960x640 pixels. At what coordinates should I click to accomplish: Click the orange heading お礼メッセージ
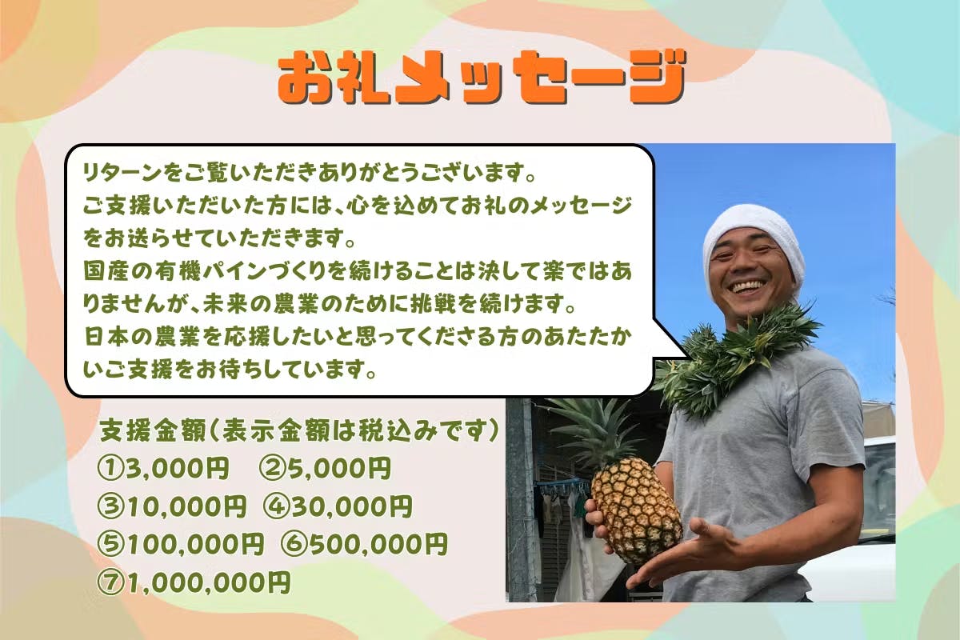click(482, 78)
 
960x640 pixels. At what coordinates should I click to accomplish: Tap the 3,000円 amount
click(177, 468)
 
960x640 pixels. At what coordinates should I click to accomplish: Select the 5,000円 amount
click(340, 468)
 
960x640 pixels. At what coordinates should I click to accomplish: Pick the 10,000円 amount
click(186, 506)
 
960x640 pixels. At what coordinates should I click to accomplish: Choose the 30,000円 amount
click(352, 506)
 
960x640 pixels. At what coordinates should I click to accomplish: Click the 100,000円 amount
click(195, 544)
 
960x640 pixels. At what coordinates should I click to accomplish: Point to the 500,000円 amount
click(379, 544)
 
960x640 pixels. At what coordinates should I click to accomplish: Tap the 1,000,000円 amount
click(209, 582)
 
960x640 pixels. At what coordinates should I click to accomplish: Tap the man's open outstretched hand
click(677, 553)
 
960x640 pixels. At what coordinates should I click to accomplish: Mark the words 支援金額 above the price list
click(153, 430)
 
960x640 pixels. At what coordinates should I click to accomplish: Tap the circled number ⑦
click(110, 582)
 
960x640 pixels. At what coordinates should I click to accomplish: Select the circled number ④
click(277, 506)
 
